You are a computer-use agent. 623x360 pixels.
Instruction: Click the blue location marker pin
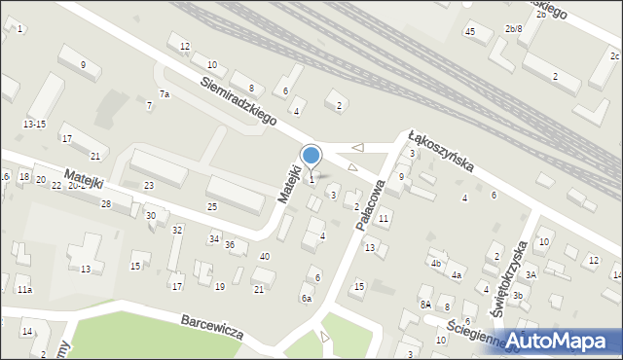pos(311,157)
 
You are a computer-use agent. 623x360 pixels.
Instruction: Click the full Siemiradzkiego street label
pos(238,100)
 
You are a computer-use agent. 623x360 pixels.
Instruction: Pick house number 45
pos(469,32)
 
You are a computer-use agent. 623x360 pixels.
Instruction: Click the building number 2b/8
pos(513,29)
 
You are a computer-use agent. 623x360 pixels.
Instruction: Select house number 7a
pos(165,94)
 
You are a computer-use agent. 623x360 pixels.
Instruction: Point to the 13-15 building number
pos(34,124)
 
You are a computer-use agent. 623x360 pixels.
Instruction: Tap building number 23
pos(149,185)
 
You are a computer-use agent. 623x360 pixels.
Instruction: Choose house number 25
pos(211,206)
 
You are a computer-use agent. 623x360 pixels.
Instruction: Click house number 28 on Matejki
pos(105,203)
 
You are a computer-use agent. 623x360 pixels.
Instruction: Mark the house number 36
pos(230,244)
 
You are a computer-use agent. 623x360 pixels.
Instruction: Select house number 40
pos(264,255)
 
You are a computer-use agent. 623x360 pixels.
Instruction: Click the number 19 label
pos(220,286)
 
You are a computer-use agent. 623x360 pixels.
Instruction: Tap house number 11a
pos(24,290)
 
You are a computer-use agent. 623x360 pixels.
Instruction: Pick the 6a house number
pos(306,298)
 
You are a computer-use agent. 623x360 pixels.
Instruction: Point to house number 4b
pos(436,263)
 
